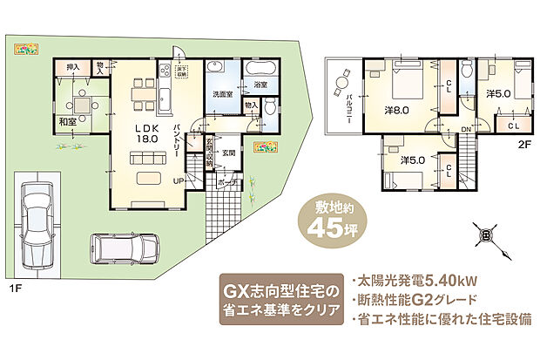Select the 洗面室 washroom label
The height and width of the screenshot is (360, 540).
(222, 93)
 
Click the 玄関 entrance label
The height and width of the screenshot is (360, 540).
(229, 153)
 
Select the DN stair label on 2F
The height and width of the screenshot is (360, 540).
(466, 131)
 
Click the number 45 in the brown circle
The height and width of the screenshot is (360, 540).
(332, 229)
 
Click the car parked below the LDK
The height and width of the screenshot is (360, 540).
(122, 250)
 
